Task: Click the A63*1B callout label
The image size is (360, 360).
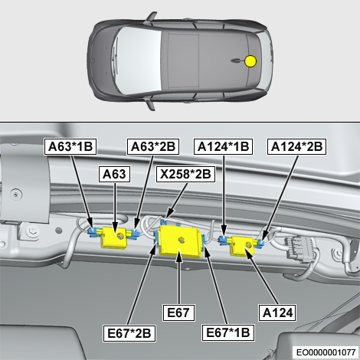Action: (70, 146)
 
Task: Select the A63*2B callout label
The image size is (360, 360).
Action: (153, 146)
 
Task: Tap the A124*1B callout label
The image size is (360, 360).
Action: (223, 146)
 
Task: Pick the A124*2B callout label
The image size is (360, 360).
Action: (296, 146)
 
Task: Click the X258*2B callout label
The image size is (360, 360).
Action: (185, 174)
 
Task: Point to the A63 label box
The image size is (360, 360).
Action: (114, 174)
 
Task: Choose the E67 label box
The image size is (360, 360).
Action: (178, 313)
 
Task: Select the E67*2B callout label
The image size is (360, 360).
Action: (129, 333)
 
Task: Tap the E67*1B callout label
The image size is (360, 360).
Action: (227, 332)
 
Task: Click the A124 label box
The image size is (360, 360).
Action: (277, 313)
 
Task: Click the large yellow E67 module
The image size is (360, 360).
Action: (178, 241)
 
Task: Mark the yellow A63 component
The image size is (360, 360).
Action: (113, 237)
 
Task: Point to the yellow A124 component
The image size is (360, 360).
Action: (242, 246)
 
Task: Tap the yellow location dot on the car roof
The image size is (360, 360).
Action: (250, 61)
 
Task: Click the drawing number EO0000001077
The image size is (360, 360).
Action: (326, 352)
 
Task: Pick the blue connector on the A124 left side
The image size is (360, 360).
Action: (224, 240)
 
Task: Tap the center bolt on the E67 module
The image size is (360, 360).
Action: (182, 240)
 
